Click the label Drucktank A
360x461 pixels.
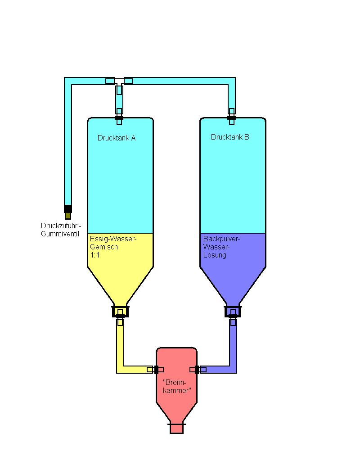117,138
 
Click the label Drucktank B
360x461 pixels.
230,137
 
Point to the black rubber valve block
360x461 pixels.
67,208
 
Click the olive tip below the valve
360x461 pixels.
67,216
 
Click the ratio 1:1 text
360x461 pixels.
95,254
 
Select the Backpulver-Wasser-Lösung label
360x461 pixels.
221,247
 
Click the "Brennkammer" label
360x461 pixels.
176,386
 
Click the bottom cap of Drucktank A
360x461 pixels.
120,311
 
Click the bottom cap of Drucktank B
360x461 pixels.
233,311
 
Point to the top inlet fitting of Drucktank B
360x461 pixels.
231,118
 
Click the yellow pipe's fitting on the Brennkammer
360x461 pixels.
157,370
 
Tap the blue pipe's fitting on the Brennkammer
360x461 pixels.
197,370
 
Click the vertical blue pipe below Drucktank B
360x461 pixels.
233,342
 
